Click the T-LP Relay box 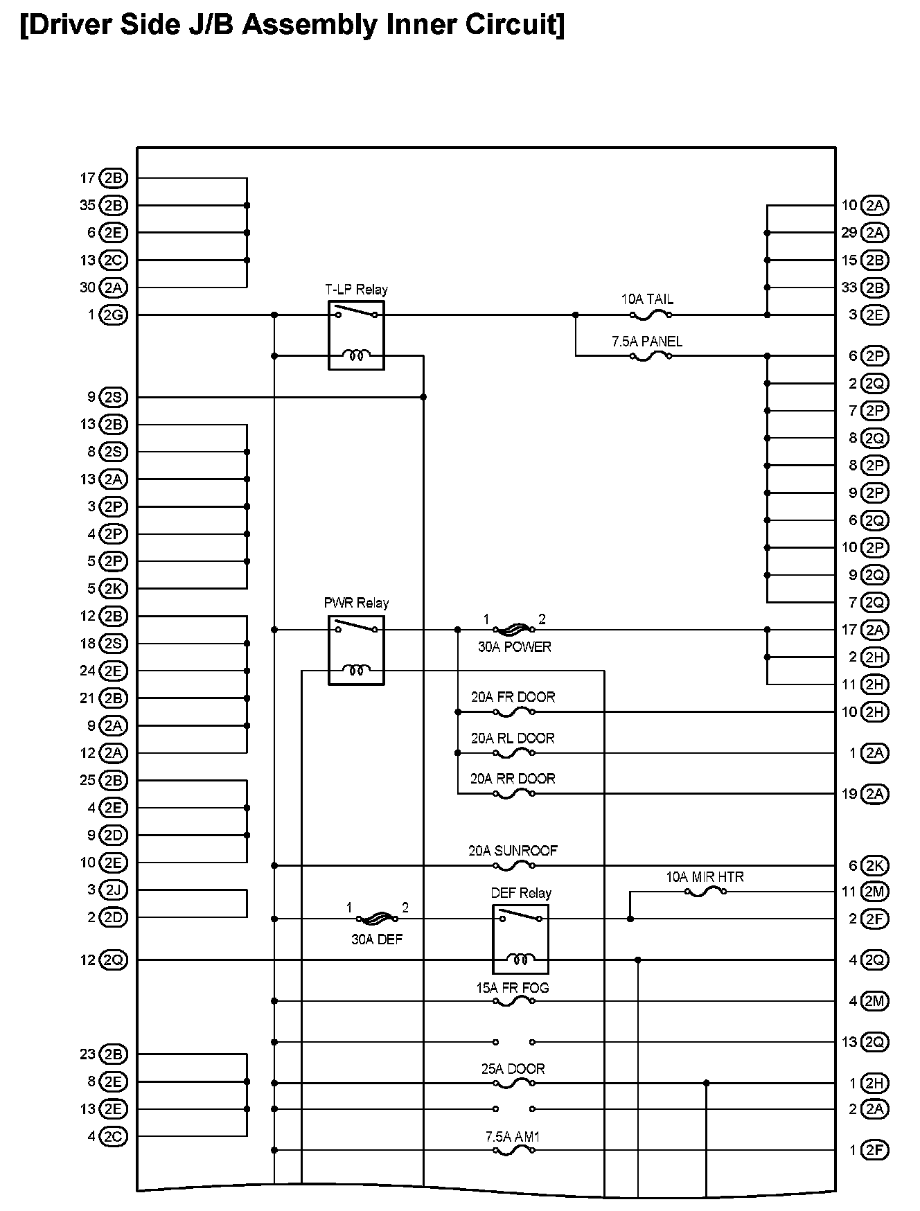[356, 335]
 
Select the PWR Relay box [356, 650]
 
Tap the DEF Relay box [520, 939]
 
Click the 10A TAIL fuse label [647, 299]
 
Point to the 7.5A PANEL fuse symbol [651, 356]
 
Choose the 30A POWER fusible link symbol [513, 630]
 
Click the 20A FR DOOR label [513, 697]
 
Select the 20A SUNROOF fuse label [513, 851]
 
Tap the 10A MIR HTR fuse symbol [705, 892]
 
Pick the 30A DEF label [377, 939]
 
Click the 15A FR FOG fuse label [513, 988]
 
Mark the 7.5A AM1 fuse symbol [513, 1151]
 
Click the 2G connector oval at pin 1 [113, 315]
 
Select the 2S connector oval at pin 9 [113, 397]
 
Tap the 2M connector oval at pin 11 [875, 892]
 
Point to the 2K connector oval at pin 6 [875, 865]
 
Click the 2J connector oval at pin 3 [113, 890]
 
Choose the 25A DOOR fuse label [513, 1069]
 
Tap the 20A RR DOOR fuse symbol [513, 794]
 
